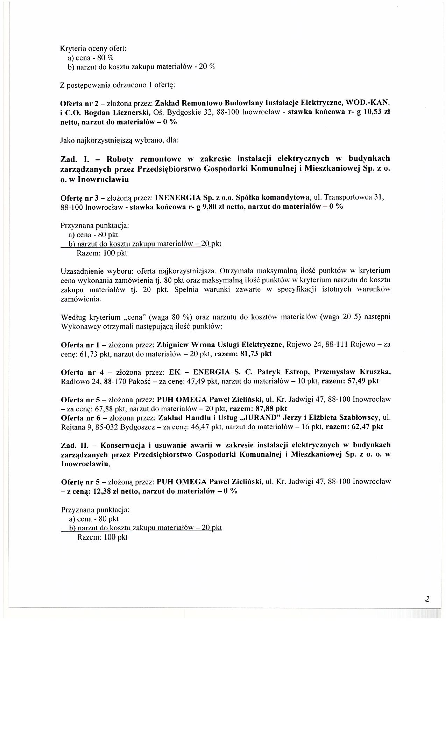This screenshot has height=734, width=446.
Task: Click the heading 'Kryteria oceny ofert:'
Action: pyautogui.click(x=93, y=48)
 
